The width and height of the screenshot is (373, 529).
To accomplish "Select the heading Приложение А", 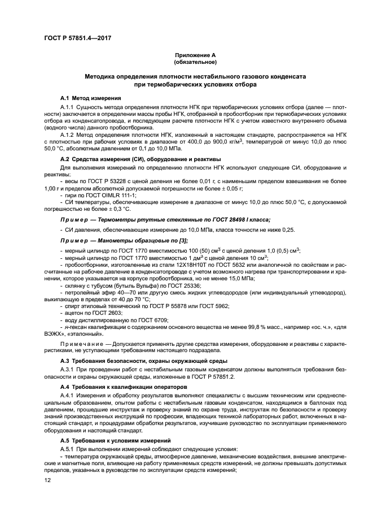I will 195,55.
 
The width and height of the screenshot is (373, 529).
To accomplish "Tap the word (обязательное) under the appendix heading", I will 195,62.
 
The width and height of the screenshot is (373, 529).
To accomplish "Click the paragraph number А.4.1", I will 67,396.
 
